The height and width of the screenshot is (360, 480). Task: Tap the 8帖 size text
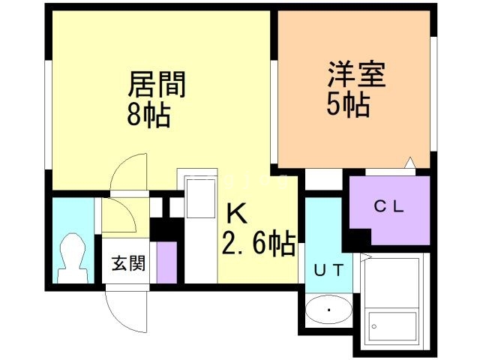tap(148, 115)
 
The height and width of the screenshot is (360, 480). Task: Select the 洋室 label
tap(355, 76)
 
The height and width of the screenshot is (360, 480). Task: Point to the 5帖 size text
tap(348, 106)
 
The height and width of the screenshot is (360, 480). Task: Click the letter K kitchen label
tap(237, 214)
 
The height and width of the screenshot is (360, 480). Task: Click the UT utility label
tap(328, 271)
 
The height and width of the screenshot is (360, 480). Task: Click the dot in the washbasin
tap(328, 309)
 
